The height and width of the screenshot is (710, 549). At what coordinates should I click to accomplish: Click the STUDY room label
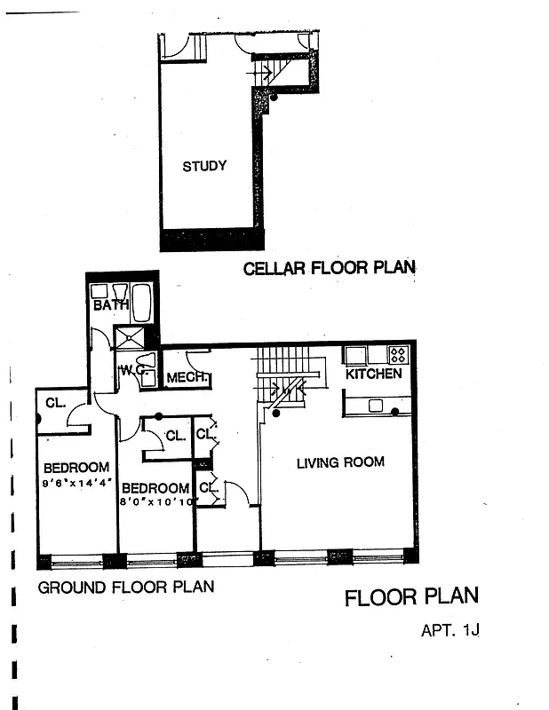[x=204, y=166]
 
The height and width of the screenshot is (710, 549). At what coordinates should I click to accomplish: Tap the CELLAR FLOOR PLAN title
[x=329, y=268]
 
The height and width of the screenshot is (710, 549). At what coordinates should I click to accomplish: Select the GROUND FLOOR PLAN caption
[x=125, y=587]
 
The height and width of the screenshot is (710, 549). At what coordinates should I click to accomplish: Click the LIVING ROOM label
[x=340, y=461]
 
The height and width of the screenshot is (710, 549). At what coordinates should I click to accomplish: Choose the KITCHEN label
[x=374, y=374]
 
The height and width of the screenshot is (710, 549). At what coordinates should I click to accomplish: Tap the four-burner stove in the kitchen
[x=398, y=355]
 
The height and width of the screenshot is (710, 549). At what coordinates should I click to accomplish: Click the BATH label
[x=111, y=305]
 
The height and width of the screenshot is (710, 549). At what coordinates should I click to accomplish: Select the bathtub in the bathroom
[x=141, y=303]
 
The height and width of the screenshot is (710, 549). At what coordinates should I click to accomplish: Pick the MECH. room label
[x=187, y=379]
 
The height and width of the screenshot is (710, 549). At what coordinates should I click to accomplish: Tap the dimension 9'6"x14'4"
[x=76, y=483]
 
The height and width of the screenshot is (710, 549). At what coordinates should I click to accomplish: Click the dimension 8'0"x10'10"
[x=156, y=501]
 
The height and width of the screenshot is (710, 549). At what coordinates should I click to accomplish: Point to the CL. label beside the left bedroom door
[x=55, y=403]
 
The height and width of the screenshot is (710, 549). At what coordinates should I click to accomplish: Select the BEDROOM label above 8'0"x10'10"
[x=155, y=487]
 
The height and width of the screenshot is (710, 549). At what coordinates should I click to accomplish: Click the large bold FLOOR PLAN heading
[x=411, y=596]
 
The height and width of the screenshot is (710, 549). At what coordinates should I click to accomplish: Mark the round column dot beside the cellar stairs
[x=274, y=98]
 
